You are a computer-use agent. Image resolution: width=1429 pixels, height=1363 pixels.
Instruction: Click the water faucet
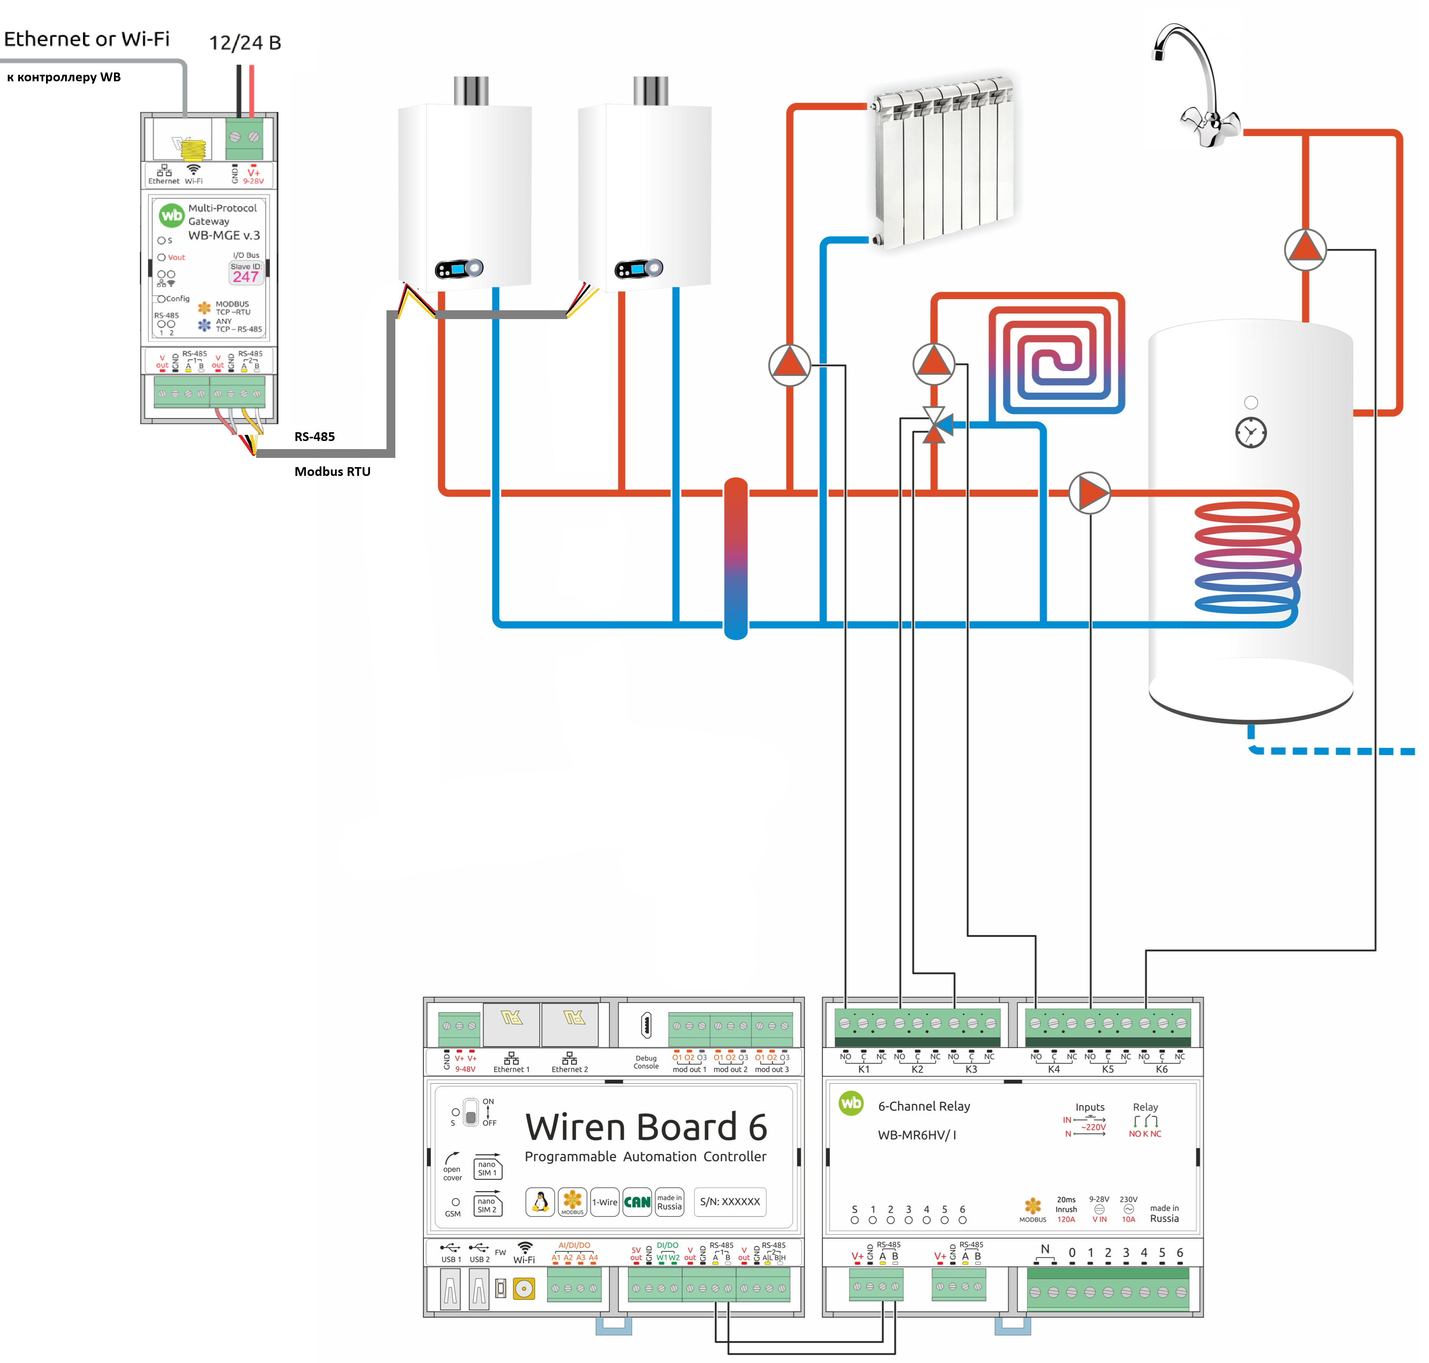point(1199,87)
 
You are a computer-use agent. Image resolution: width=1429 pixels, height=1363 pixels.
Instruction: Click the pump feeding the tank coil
point(1089,493)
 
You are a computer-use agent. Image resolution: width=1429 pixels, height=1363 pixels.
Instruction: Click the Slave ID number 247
point(245,277)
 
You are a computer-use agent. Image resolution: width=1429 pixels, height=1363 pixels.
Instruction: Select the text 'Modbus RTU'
point(332,472)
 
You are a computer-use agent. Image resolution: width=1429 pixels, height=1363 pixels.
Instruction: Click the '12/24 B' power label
point(245,43)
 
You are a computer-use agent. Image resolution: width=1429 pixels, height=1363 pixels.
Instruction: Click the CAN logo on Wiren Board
point(637,1202)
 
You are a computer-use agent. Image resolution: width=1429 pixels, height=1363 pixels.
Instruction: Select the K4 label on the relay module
point(1053,1070)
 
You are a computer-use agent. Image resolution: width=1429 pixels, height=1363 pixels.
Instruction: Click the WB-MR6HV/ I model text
point(917,1135)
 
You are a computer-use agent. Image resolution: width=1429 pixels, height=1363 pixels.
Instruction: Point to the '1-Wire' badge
point(604,1202)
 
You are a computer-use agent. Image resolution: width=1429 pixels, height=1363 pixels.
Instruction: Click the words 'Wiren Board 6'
point(646,1127)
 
